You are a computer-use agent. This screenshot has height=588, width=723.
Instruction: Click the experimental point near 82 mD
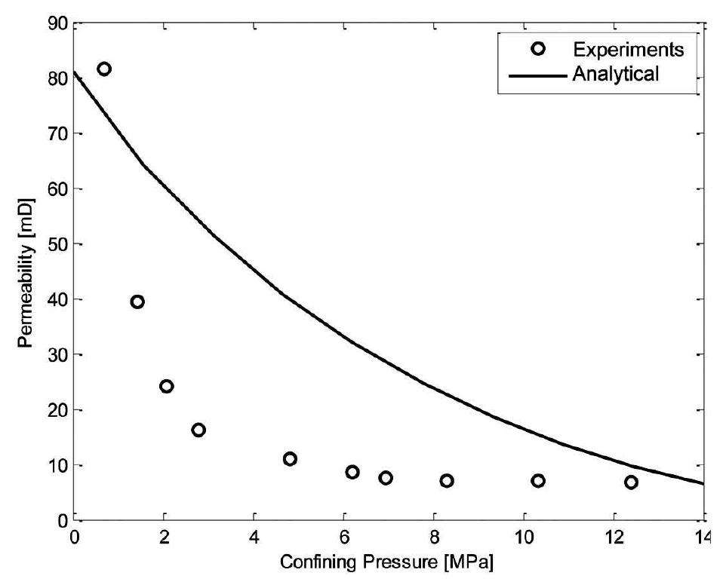[104, 69]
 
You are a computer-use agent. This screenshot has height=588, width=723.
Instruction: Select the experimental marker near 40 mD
[137, 302]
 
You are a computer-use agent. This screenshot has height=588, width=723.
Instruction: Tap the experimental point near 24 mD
[167, 386]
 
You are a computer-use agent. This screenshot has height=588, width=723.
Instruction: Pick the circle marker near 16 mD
[198, 430]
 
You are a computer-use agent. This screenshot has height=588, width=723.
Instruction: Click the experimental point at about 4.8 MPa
[290, 459]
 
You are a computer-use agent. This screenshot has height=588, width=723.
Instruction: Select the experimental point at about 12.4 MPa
[631, 482]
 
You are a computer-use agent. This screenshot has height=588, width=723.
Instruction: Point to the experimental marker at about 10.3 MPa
[538, 481]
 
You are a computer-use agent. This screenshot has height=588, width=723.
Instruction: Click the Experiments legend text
[628, 51]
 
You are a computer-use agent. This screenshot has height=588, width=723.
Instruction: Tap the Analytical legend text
[616, 74]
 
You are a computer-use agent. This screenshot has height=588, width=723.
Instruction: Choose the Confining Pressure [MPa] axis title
[389, 562]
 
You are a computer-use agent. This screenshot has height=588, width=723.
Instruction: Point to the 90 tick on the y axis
[60, 24]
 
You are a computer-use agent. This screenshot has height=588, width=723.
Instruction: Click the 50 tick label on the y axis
[60, 245]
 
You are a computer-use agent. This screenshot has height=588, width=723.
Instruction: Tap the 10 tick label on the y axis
[60, 466]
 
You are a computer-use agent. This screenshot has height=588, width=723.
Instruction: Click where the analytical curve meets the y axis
[75, 72]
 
